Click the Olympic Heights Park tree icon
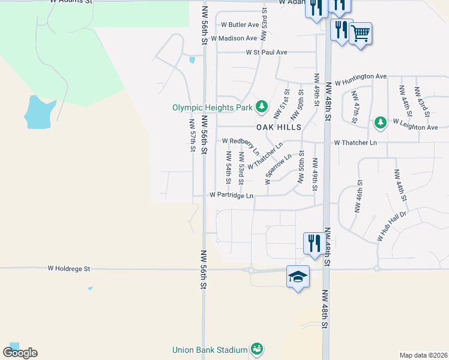262,107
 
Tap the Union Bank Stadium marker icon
257,349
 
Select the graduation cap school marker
298,277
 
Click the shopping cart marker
360,34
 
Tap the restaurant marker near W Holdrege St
314,244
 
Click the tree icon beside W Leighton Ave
380,123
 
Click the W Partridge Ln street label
231,195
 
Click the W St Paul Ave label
267,52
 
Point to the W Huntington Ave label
360,77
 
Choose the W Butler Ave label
240,25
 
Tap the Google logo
20,353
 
